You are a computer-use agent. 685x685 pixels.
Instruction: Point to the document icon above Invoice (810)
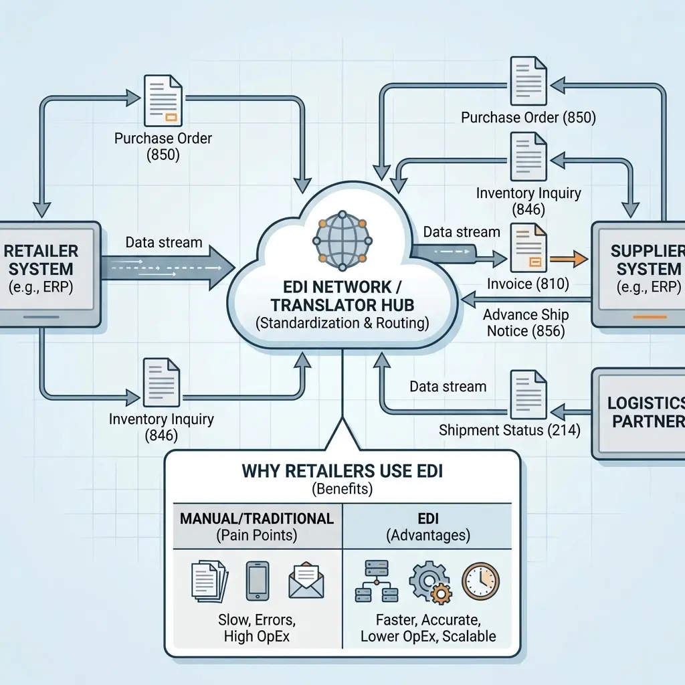pos(528,248)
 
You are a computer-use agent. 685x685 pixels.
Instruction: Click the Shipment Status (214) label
pos(509,430)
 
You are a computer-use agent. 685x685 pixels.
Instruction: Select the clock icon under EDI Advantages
pos(480,581)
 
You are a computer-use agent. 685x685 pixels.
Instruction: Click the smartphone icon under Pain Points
pos(258,581)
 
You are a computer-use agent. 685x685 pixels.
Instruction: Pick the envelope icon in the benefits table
pos(306,581)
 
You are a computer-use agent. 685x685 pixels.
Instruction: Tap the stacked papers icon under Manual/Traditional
pos(209,581)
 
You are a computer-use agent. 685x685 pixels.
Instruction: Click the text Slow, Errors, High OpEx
pos(257,627)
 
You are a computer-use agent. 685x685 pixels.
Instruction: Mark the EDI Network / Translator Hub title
pos(342,296)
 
